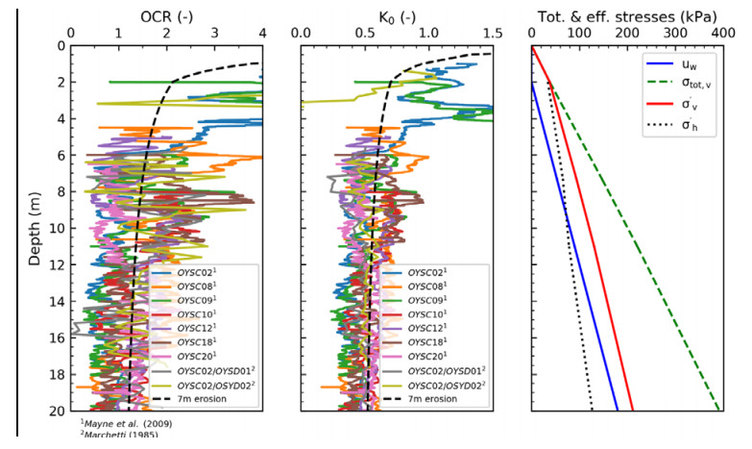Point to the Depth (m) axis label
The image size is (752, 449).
pos(36,228)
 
